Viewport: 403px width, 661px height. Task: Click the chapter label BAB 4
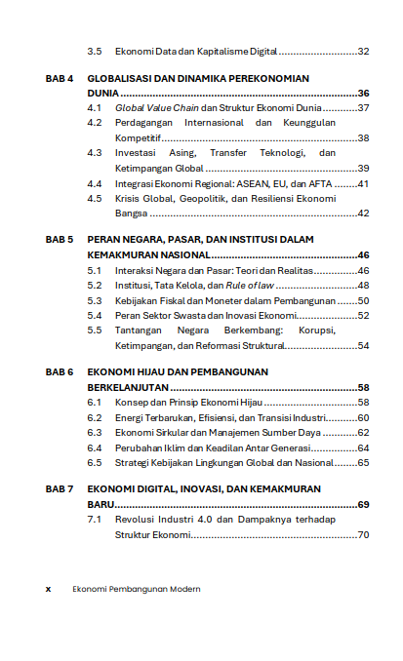click(x=60, y=77)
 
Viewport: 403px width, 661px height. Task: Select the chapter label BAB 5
click(x=60, y=239)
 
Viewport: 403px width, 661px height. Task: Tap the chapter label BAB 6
click(x=60, y=372)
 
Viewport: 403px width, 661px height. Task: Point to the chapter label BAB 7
click(x=60, y=490)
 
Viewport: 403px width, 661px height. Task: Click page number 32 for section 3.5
click(x=363, y=51)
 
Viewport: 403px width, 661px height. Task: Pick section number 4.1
click(x=95, y=107)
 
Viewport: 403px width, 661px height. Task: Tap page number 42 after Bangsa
click(x=363, y=214)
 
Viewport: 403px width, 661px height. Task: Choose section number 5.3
click(x=95, y=300)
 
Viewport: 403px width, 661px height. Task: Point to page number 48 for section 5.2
click(x=363, y=285)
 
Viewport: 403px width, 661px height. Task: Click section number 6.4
click(x=95, y=447)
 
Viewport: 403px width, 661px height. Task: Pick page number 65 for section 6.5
click(x=363, y=462)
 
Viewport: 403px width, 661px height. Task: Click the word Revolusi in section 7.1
click(x=135, y=521)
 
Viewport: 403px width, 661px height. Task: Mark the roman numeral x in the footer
click(x=48, y=589)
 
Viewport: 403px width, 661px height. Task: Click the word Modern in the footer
click(x=183, y=589)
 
